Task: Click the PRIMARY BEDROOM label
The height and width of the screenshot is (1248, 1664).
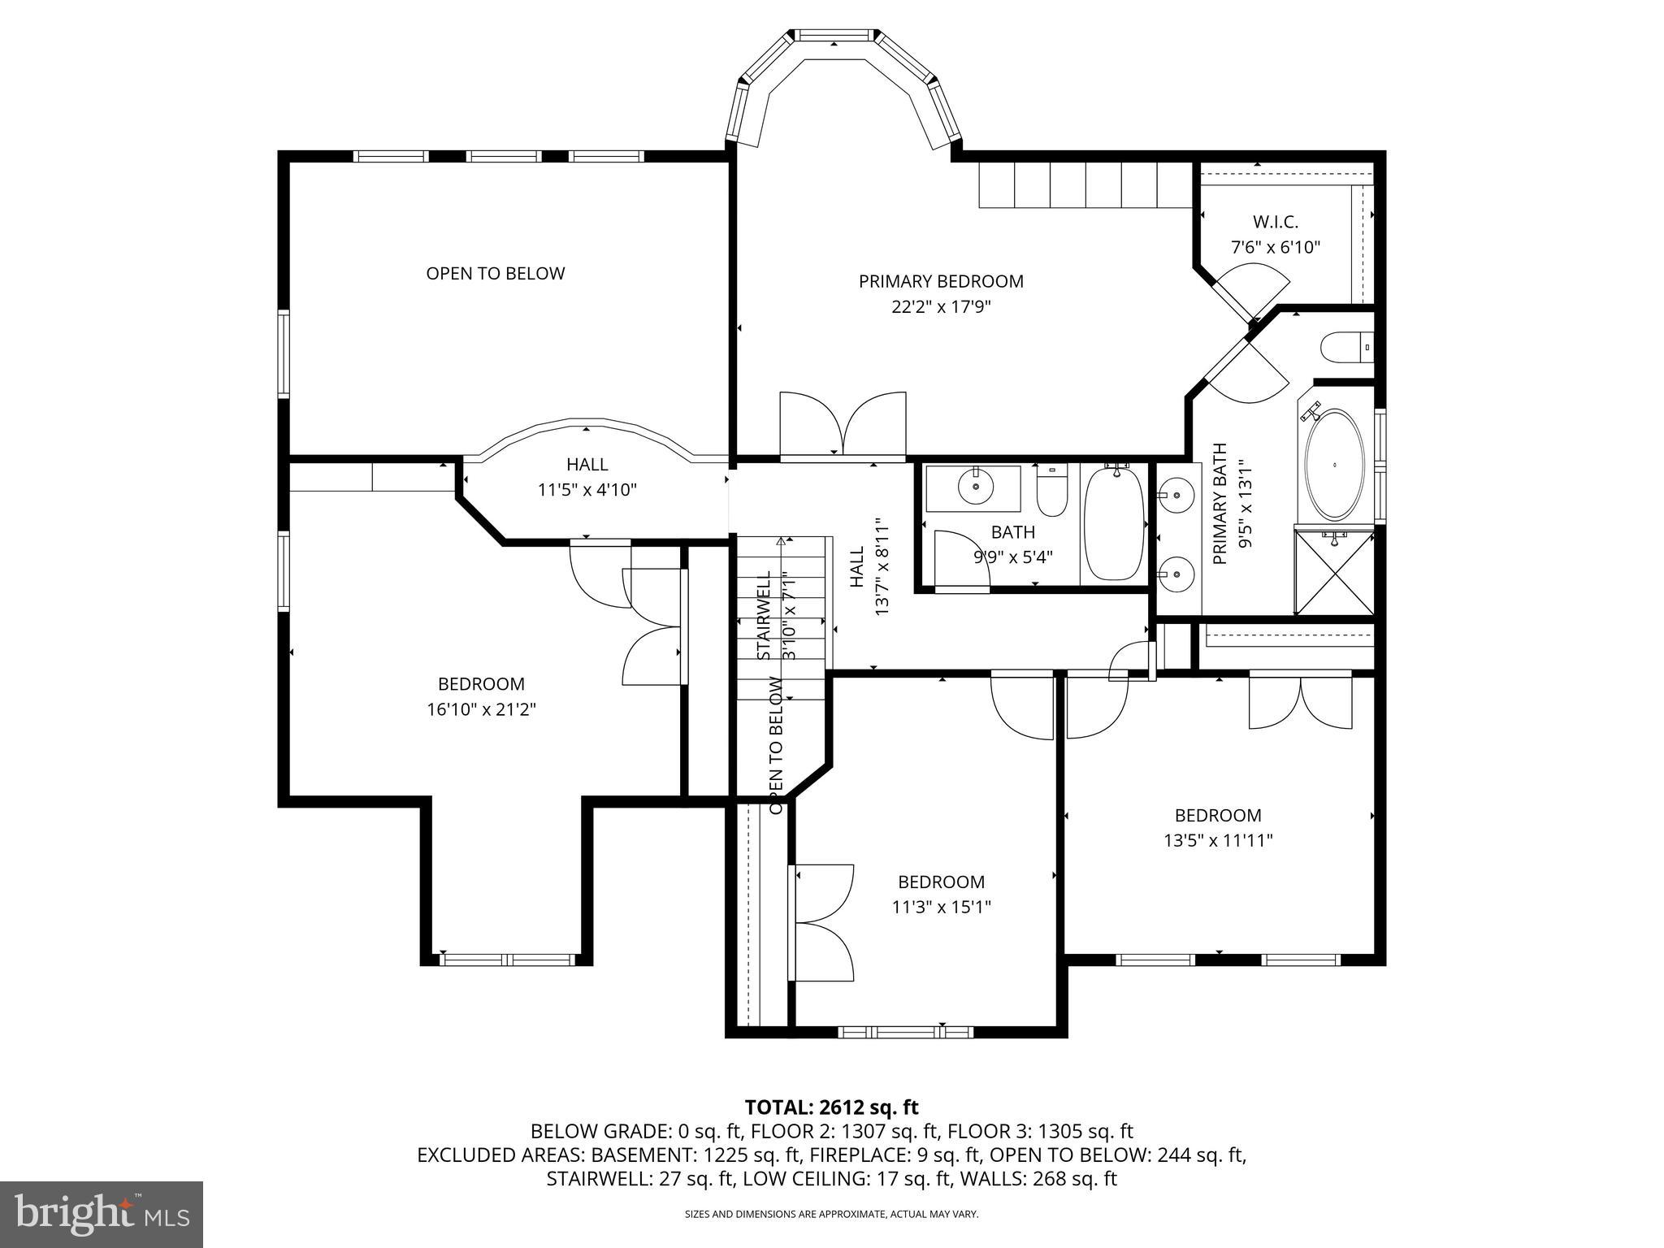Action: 941,281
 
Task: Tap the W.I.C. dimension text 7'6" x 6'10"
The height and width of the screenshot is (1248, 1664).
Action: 1275,247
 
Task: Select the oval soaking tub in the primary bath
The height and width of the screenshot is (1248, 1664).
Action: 1335,465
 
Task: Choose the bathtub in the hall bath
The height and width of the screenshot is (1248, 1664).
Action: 1114,523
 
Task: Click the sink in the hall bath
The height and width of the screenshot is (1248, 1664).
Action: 975,487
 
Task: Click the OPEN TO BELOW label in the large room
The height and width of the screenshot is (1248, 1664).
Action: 495,273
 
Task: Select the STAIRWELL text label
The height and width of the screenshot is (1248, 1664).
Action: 764,615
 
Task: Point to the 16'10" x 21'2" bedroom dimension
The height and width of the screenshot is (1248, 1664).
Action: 481,709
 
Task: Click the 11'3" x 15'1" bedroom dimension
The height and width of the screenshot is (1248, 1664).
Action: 941,907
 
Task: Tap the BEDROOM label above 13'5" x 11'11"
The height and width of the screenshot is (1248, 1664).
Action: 1217,815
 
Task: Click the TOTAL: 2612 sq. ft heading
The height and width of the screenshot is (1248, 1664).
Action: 831,1107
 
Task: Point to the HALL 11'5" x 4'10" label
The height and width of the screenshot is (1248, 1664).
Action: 587,477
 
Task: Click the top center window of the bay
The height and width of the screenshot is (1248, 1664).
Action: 834,35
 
